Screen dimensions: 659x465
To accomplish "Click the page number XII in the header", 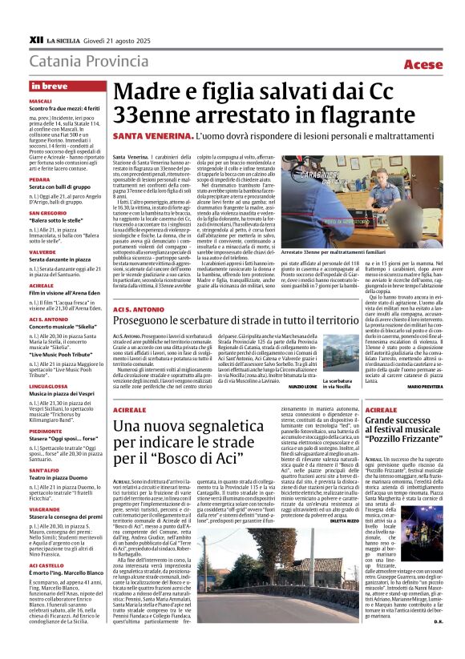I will tap(35, 38).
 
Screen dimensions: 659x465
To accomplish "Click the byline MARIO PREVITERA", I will tap(426, 387).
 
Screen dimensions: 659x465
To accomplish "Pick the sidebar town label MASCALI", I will tap(40, 102).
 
